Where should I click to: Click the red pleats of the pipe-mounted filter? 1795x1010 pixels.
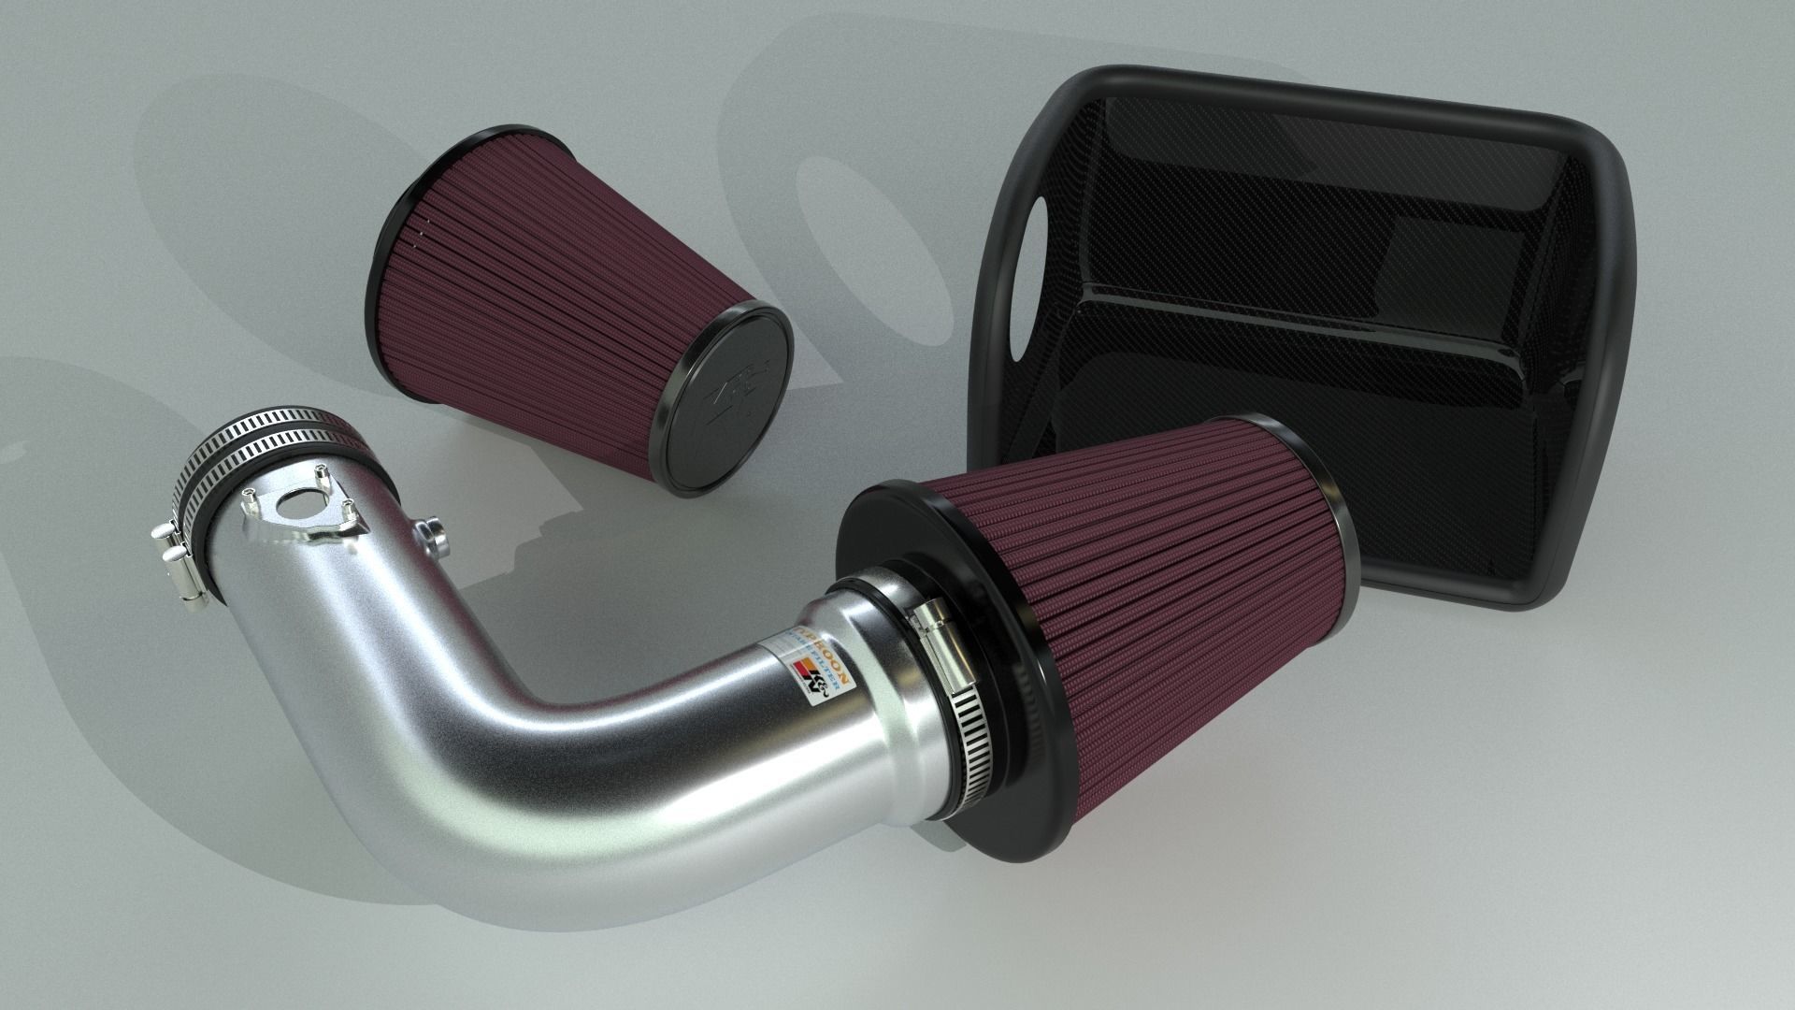(x=1169, y=608)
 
